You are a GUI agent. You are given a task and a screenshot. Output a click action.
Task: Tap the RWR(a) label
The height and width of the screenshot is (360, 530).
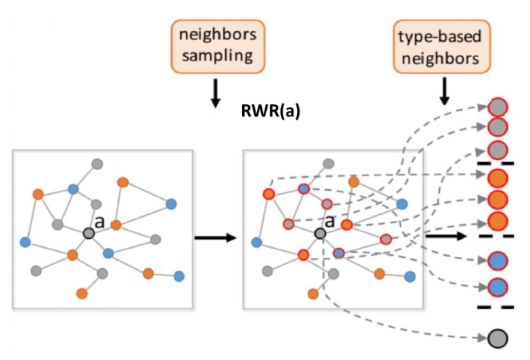tap(271, 111)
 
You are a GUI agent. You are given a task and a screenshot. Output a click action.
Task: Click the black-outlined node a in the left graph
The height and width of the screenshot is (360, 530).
tap(88, 233)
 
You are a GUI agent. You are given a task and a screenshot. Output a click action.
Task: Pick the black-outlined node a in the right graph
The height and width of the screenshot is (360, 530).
tap(320, 233)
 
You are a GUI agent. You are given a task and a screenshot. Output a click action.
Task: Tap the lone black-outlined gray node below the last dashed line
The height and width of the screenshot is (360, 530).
tap(498, 338)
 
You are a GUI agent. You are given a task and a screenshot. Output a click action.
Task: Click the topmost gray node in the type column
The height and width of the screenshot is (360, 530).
tap(498, 107)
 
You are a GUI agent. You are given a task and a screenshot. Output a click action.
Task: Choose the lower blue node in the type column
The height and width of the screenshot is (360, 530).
tap(498, 287)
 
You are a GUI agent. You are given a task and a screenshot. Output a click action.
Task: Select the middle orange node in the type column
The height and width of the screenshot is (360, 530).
tap(498, 199)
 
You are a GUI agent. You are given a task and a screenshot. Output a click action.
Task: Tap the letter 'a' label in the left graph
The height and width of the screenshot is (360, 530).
tap(99, 222)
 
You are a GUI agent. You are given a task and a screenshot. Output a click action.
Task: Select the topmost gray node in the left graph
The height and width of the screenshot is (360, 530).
tap(97, 164)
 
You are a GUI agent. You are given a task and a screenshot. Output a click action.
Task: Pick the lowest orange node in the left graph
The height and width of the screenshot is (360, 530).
tap(82, 292)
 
